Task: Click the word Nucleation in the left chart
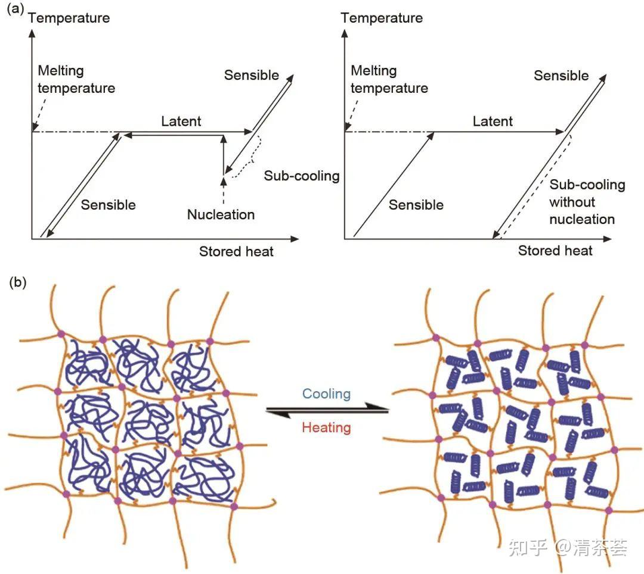pos(221,214)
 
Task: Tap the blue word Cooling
pos(327,394)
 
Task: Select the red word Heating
pos(327,428)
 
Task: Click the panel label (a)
pos(16,8)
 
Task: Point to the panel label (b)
pos(18,282)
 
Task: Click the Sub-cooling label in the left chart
pos(302,176)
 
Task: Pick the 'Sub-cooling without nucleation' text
pos(587,202)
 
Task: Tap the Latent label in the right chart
pos(493,121)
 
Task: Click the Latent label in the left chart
pos(181,121)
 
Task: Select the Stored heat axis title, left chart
pos(236,251)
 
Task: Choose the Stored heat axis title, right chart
pos(555,251)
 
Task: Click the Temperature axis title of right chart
pos(382,18)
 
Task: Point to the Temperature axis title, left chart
pos(69,18)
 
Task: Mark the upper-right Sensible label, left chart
pos(252,75)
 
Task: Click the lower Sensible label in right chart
pos(416,205)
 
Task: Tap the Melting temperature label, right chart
pos(389,79)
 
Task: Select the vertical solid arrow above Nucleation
pos(224,155)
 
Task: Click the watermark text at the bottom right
pos(568,548)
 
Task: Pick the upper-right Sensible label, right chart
pos(561,76)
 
